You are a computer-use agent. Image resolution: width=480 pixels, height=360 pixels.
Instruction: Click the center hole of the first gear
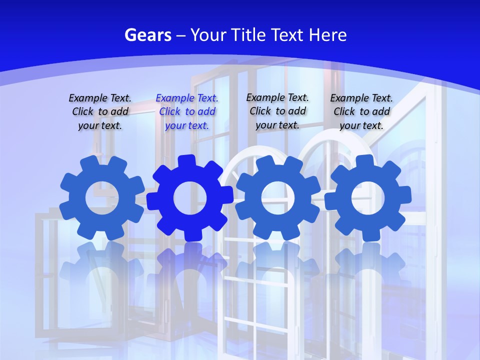click(x=101, y=198)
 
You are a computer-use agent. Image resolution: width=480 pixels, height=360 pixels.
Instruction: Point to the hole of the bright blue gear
click(x=190, y=198)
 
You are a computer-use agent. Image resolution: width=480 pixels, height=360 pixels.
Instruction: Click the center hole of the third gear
click(x=277, y=197)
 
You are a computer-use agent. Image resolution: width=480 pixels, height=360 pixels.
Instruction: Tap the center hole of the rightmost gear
click(x=367, y=198)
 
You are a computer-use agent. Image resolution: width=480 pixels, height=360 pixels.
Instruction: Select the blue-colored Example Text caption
click(x=187, y=112)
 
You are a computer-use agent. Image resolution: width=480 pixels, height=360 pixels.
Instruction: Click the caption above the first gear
click(x=100, y=112)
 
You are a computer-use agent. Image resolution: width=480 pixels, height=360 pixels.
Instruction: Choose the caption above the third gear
click(x=277, y=111)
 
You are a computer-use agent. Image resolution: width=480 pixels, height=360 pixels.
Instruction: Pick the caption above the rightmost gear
click(x=361, y=112)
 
